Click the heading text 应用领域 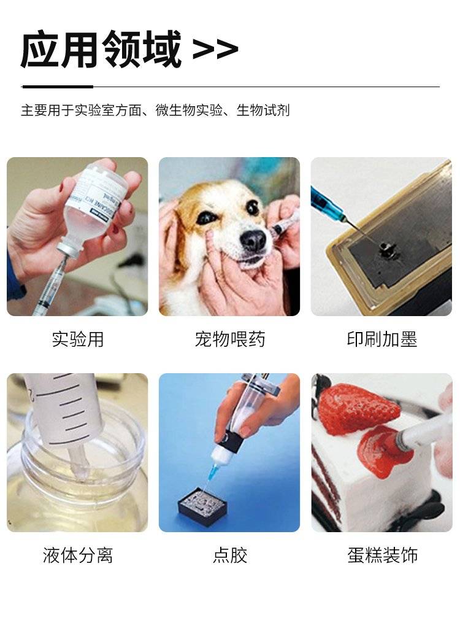101,49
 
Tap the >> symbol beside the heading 215,49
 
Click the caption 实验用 78,339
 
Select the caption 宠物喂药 230,339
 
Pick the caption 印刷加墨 382,339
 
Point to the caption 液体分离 78,555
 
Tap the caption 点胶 230,555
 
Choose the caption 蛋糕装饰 382,555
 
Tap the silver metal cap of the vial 65,249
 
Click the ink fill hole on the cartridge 384,250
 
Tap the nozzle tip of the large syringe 79,464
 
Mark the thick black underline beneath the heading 58,86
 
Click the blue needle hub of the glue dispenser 212,470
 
